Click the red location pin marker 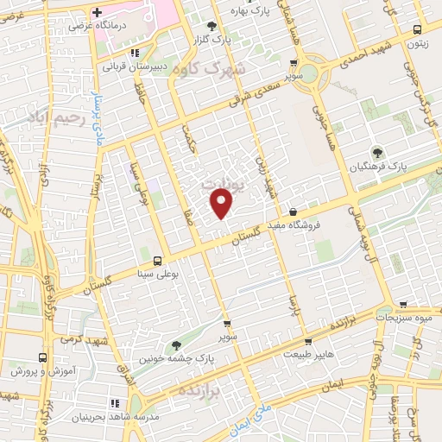coord(223,203)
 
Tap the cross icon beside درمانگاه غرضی coord(97,13)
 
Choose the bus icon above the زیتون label coord(418,28)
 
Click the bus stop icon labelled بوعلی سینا coord(156,261)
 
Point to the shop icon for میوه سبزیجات coord(403,306)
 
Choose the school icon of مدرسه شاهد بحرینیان coord(114,403)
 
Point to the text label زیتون coord(419,42)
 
